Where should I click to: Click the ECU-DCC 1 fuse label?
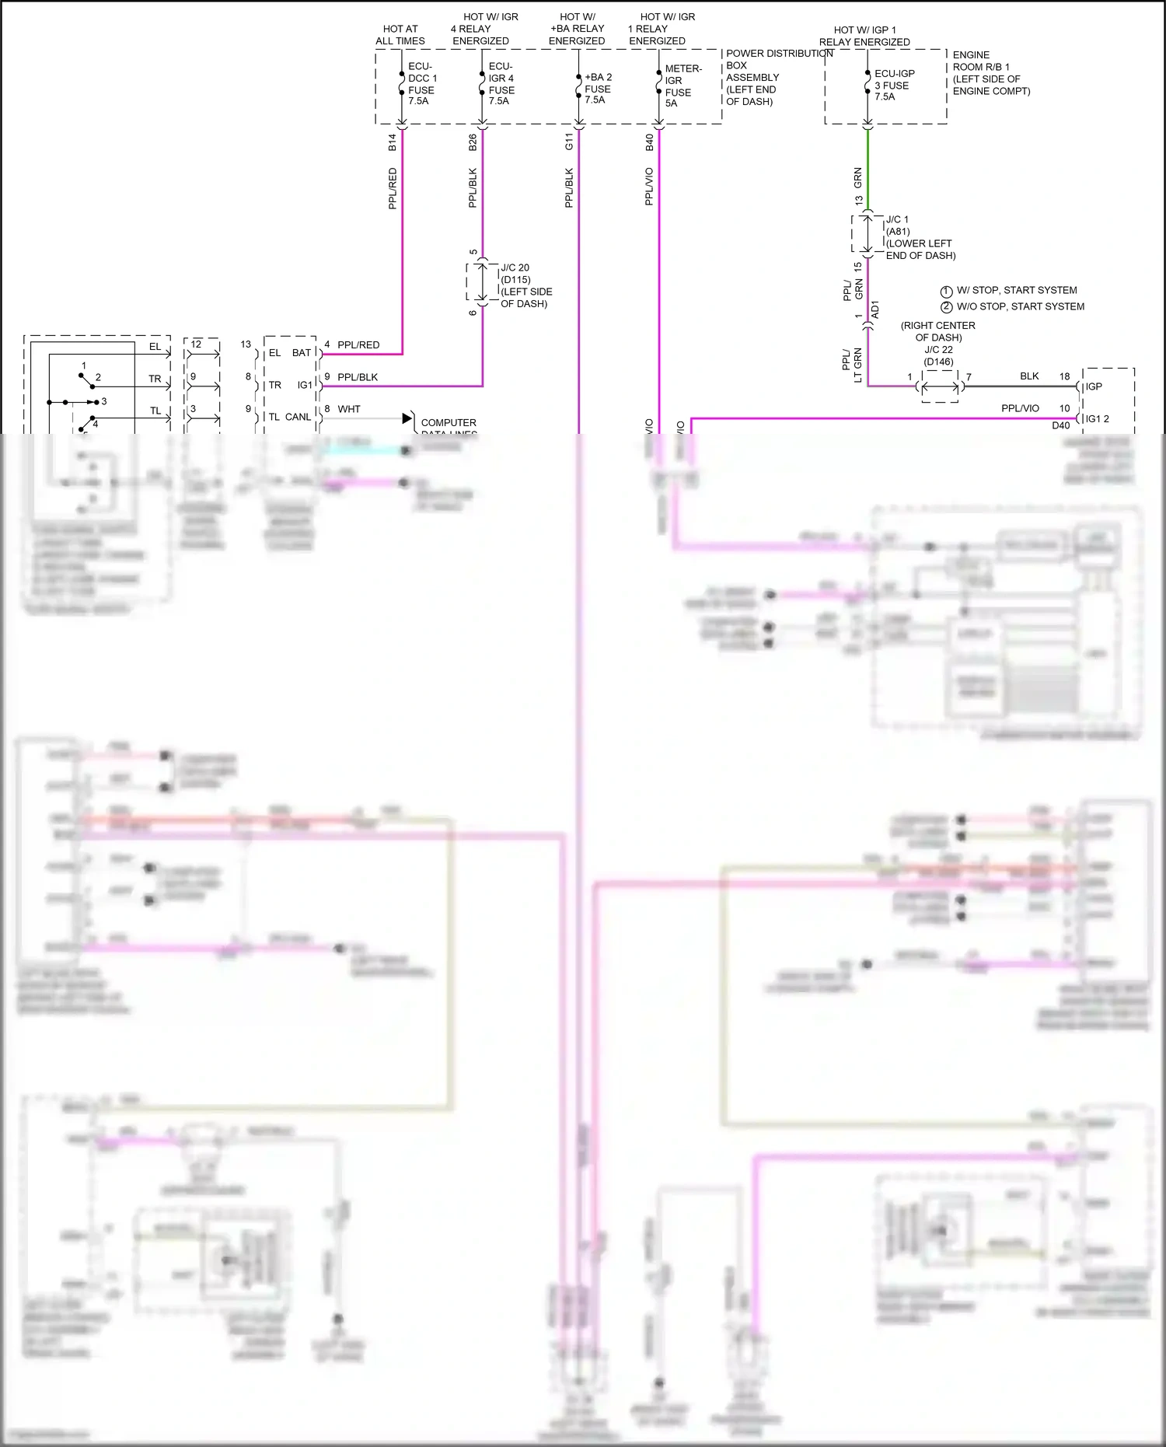[422, 84]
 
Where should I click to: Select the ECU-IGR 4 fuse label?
[501, 84]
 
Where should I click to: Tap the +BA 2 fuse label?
[598, 88]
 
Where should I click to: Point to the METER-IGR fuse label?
[682, 86]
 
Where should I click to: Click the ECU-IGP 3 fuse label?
[894, 85]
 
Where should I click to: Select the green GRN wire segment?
[868, 171]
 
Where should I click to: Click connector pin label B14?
[393, 142]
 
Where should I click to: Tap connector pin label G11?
[569, 142]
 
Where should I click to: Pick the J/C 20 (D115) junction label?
[525, 285]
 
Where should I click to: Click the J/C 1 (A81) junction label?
[920, 237]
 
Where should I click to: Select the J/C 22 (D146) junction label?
[938, 355]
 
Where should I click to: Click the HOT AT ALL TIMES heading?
[400, 35]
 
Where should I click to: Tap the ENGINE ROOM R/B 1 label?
[990, 73]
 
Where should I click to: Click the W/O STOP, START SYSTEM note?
[1020, 306]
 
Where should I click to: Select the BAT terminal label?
[302, 353]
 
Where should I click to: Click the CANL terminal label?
[298, 417]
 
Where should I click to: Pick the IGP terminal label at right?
[1094, 386]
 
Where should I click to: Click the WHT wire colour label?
[349, 409]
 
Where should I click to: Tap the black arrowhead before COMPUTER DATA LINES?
[407, 418]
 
